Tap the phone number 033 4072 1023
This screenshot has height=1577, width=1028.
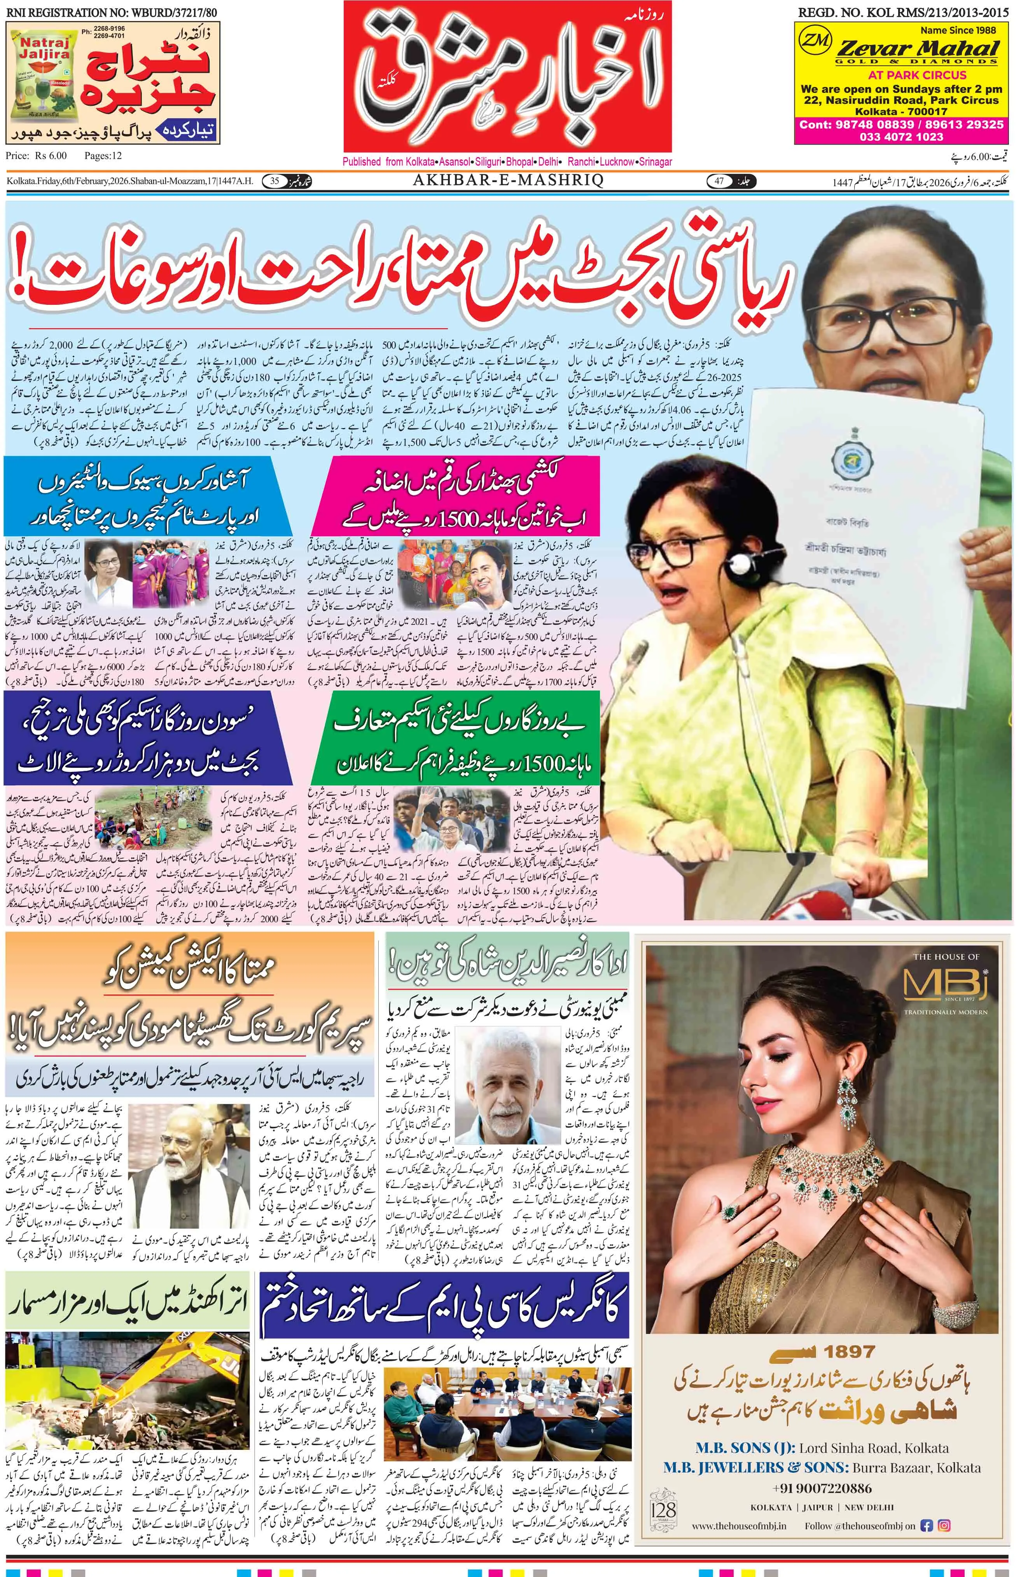coord(901,136)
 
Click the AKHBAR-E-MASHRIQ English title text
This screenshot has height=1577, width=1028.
coord(508,181)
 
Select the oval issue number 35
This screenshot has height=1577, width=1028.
coord(274,181)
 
